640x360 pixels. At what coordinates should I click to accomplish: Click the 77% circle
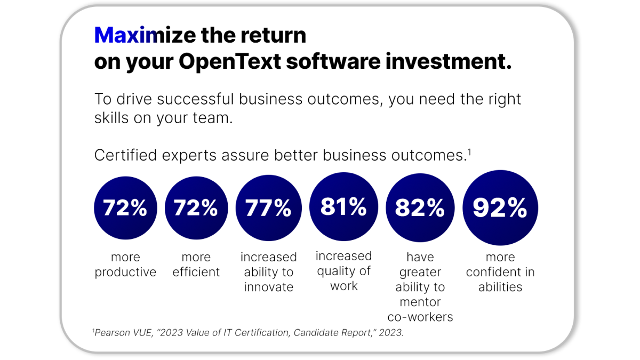(x=268, y=208)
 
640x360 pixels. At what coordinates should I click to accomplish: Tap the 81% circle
(x=343, y=206)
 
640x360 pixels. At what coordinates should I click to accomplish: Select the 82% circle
(x=420, y=208)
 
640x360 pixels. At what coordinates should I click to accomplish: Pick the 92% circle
(x=500, y=208)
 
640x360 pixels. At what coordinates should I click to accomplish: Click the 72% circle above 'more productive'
(x=125, y=208)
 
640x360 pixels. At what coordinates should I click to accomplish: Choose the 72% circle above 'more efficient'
(x=196, y=208)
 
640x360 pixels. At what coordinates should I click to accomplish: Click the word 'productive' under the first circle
(x=125, y=273)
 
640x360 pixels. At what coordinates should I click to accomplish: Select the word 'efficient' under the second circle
(x=196, y=273)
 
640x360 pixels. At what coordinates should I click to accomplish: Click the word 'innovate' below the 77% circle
(x=268, y=287)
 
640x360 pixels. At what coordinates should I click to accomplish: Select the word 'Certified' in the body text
(x=125, y=156)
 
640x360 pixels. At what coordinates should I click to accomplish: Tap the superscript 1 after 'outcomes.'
(x=469, y=152)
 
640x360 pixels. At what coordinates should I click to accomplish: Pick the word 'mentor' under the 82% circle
(x=420, y=302)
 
